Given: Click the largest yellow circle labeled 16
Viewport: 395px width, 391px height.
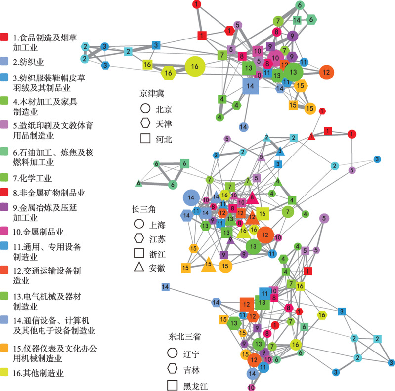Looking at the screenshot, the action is [x=195, y=66].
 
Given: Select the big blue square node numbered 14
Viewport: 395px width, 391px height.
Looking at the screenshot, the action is [x=251, y=86].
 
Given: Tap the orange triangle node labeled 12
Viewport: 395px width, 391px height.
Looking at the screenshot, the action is [x=252, y=217].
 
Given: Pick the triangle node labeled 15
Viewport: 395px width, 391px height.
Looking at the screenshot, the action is [x=208, y=265].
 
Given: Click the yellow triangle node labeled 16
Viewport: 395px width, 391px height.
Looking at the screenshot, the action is [x=243, y=232].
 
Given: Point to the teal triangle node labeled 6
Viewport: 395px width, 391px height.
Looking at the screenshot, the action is [x=138, y=183].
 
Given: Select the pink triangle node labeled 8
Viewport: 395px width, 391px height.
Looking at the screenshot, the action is [x=252, y=198].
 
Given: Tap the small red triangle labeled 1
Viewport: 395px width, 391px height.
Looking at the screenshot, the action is [x=311, y=136].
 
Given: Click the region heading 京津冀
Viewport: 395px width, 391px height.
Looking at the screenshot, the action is [x=152, y=94].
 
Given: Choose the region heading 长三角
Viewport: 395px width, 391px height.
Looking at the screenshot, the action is [x=143, y=209].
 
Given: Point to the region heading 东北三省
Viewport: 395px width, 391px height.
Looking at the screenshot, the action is [x=184, y=336].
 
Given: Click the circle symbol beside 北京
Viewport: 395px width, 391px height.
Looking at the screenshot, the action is [x=145, y=108].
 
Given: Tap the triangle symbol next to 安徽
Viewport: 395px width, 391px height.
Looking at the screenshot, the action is [x=139, y=267].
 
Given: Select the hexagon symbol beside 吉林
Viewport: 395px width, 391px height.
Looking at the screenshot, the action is [x=173, y=369].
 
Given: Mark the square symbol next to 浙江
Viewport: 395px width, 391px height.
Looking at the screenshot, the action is [x=139, y=253].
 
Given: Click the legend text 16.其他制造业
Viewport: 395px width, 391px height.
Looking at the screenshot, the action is [x=38, y=373].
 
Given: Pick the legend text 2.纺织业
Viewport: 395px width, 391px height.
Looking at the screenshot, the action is [x=28, y=62].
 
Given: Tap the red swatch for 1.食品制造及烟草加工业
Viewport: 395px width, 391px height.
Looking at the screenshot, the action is [x=4, y=37].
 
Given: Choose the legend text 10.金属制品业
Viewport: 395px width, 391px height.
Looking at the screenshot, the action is [x=38, y=232].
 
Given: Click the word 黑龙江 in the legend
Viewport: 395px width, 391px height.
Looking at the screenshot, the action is [x=195, y=386].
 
